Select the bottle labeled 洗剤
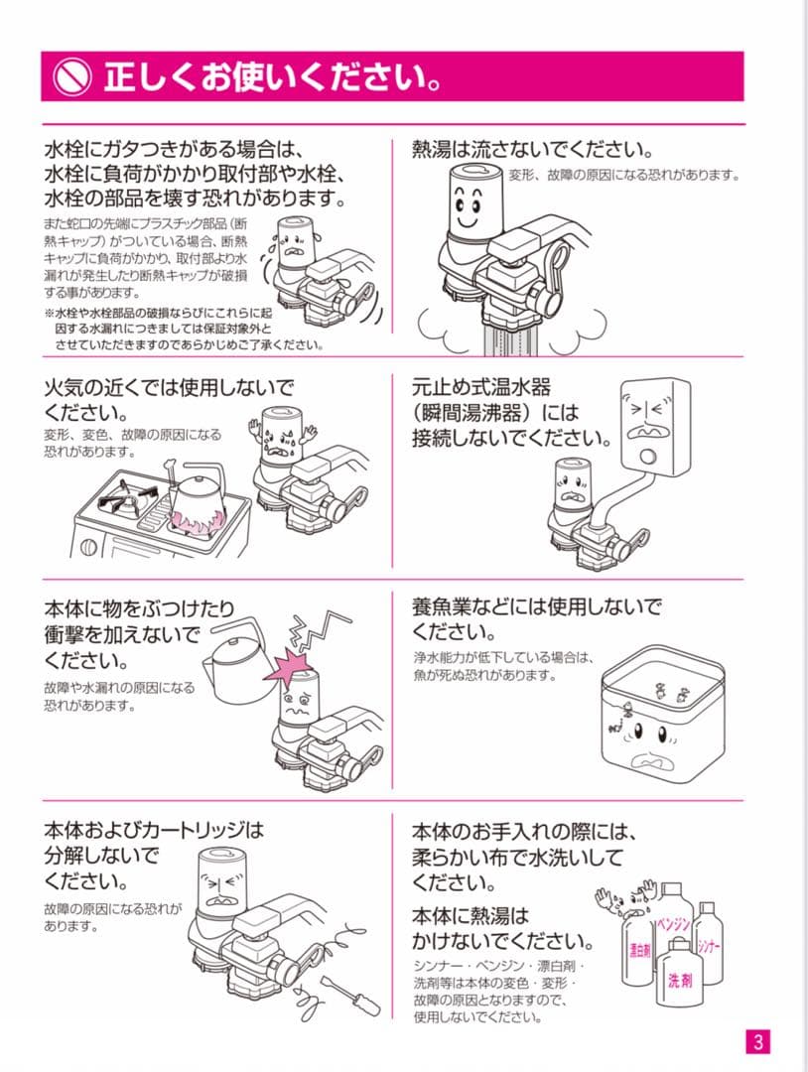tap(680, 978)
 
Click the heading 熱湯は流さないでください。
tap(532, 151)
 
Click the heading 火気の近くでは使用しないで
tap(170, 386)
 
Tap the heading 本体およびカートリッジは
tap(154, 829)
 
